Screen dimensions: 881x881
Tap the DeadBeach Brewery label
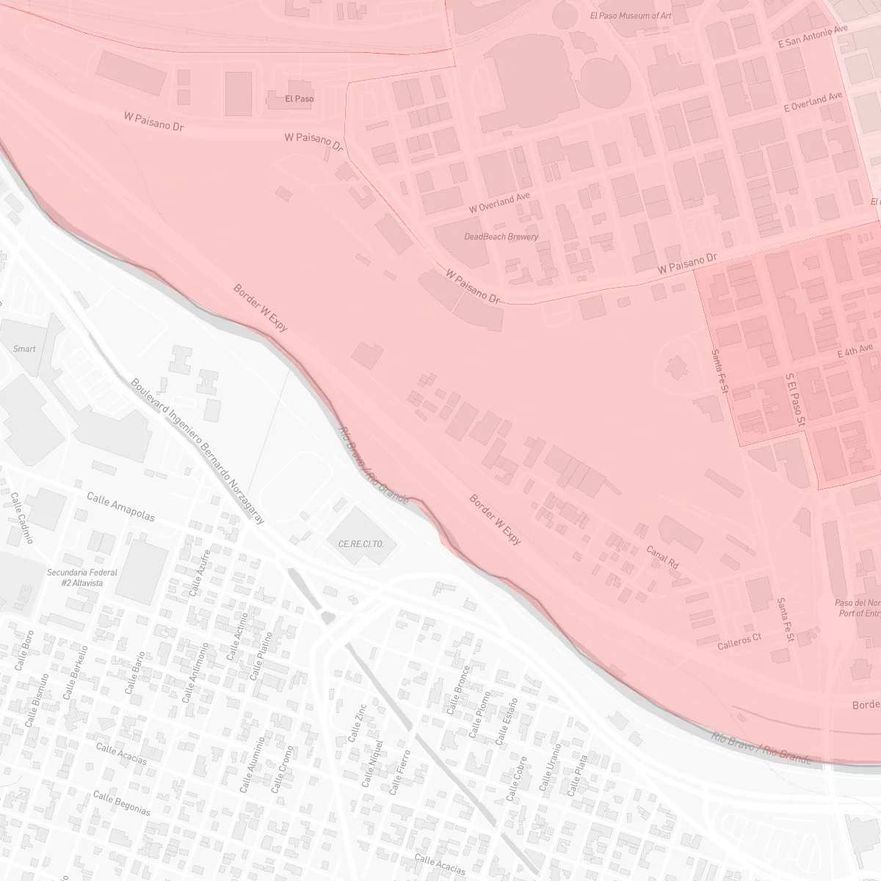[501, 236]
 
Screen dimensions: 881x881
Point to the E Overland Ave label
[813, 102]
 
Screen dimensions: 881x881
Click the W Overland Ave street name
[499, 203]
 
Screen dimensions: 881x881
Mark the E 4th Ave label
[855, 353]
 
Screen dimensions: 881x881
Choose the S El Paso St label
[795, 399]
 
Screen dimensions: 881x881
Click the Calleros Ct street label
[739, 641]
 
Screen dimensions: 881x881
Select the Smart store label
[24, 349]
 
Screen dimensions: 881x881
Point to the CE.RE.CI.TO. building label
[361, 545]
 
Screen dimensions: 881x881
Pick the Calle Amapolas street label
[120, 507]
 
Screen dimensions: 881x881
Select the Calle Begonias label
[122, 803]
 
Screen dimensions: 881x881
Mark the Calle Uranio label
[550, 767]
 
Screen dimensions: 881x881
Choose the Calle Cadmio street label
[21, 517]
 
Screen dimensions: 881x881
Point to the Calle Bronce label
[457, 690]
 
